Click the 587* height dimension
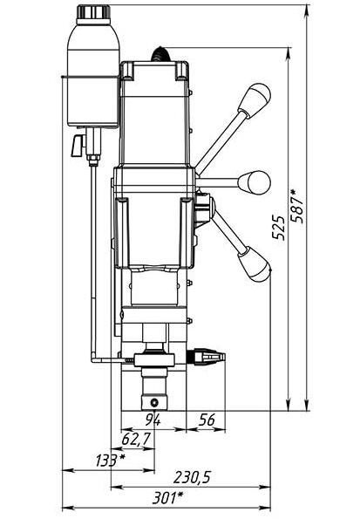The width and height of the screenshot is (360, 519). pyautogui.click(x=296, y=206)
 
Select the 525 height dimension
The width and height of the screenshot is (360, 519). pyautogui.click(x=278, y=228)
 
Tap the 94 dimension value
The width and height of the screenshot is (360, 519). pyautogui.click(x=153, y=420)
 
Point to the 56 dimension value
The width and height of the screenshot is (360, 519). pyautogui.click(x=207, y=420)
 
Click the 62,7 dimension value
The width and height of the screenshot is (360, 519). pyautogui.click(x=136, y=440)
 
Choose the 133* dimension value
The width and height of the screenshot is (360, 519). pyautogui.click(x=111, y=461)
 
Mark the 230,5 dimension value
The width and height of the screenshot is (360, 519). pyautogui.click(x=193, y=477)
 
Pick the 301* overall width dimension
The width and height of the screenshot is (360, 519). pyautogui.click(x=167, y=497)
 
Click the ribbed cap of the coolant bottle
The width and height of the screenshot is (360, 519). pyautogui.click(x=93, y=12)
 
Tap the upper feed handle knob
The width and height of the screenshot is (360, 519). pyautogui.click(x=255, y=100)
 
